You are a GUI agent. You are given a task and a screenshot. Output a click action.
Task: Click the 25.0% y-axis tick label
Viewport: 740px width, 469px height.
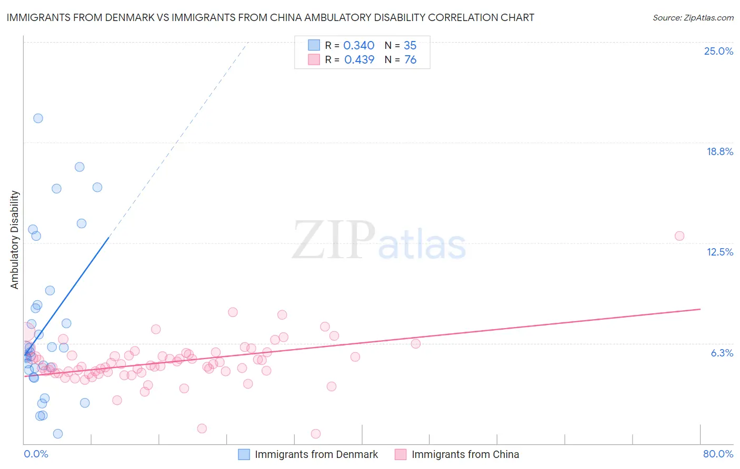pos(718,51)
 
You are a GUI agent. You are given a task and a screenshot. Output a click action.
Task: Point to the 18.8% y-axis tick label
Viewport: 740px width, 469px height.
pos(719,151)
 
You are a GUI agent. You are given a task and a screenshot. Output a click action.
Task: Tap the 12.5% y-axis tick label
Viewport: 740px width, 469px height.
pos(719,252)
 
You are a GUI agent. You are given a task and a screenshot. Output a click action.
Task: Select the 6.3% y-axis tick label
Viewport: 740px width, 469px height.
pos(722,353)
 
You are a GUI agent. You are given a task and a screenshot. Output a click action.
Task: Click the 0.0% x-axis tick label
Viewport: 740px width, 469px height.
pos(36,454)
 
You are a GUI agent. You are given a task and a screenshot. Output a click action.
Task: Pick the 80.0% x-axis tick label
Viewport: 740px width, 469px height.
pos(718,454)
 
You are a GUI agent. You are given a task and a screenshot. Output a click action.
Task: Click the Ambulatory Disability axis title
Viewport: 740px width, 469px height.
pos(15,240)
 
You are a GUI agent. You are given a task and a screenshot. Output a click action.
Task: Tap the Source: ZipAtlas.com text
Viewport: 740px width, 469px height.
pos(693,18)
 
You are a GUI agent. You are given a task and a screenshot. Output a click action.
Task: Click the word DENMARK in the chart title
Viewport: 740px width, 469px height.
pos(138,18)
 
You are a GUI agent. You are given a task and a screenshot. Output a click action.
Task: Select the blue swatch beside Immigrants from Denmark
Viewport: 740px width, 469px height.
pos(244,454)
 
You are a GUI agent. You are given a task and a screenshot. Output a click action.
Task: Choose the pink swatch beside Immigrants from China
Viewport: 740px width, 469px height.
pos(401,454)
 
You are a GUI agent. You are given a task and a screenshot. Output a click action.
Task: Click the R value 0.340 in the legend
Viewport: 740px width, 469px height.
pos(358,46)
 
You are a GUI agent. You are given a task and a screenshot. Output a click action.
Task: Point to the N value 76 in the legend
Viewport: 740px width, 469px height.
pos(410,60)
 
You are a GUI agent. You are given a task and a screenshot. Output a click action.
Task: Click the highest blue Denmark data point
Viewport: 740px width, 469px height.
pos(38,118)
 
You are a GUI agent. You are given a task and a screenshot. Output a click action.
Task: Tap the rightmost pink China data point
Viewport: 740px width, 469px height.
pos(679,236)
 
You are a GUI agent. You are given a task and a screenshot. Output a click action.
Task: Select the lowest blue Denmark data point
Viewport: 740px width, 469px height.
pos(58,434)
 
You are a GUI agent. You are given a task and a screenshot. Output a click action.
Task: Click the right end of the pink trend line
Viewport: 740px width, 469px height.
pos(700,309)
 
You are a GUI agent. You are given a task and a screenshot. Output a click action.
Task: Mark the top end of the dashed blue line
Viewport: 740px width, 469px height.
pos(248,42)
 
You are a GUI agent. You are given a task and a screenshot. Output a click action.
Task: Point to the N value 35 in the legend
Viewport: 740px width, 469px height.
pos(410,46)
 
